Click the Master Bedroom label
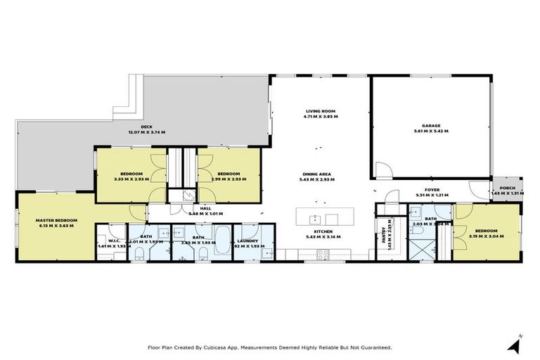click(56, 220)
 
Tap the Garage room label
click(431, 126)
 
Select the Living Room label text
click(320, 110)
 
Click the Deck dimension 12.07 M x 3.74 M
click(146, 132)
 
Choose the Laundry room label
click(249, 241)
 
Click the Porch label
click(507, 188)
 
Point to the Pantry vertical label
click(384, 231)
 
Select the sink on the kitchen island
click(316, 219)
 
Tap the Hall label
click(206, 208)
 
